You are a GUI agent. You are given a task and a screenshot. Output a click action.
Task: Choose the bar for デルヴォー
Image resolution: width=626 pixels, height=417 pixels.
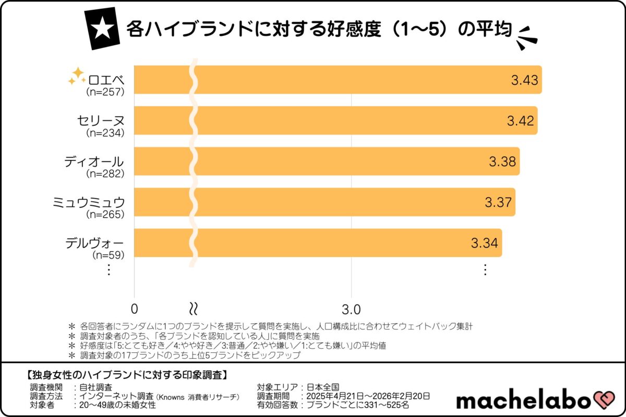(318, 242)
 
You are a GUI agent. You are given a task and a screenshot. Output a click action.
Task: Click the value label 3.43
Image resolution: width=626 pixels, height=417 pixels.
(524, 80)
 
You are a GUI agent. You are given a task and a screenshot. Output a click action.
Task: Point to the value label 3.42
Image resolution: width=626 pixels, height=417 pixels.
(520, 121)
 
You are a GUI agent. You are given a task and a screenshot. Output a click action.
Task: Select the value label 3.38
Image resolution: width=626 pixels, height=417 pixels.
(502, 162)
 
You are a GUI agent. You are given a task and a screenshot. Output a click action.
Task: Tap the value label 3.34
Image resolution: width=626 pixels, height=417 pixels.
(484, 243)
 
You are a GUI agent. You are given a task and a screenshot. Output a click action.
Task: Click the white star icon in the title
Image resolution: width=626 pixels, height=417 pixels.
(102, 29)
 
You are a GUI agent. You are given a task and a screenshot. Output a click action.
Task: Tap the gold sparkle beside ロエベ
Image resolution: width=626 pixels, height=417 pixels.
(77, 77)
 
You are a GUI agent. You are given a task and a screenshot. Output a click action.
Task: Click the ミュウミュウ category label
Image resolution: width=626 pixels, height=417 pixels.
(89, 202)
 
